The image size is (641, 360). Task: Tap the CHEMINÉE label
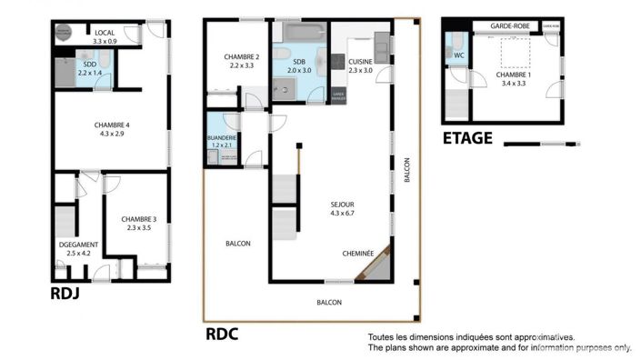pos(358,254)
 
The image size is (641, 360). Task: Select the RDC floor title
pos(222,334)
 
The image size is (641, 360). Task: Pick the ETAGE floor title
pos(467,138)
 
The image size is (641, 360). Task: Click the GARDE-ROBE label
pos(509,26)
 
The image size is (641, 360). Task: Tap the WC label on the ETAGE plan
pos(458,55)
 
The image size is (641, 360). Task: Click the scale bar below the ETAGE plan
pos(541,143)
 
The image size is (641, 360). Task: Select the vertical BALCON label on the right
pos(407,170)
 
